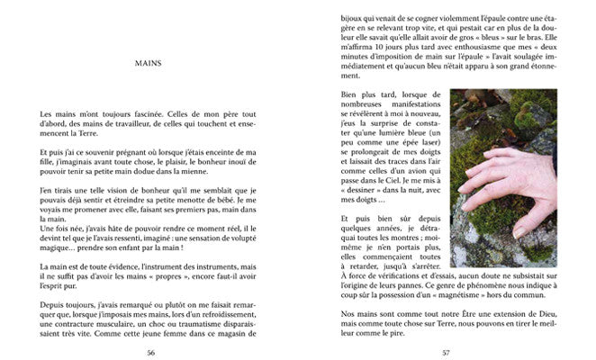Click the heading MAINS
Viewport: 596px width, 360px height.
pyautogui.click(x=147, y=64)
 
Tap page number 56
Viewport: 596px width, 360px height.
pyautogui.click(x=149, y=351)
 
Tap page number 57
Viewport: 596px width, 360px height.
pyautogui.click(x=446, y=351)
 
